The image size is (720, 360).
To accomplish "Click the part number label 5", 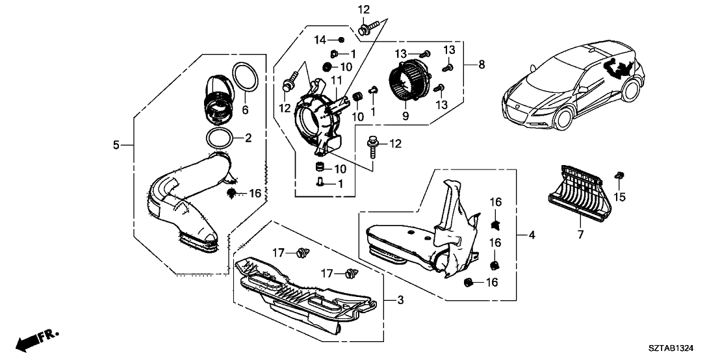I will (x=116, y=145).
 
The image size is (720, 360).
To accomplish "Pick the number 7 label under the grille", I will (x=580, y=235).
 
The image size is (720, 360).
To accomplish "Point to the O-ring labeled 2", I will (x=220, y=139).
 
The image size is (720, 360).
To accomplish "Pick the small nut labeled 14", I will (x=341, y=40).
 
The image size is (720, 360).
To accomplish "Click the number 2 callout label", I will (x=248, y=138).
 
